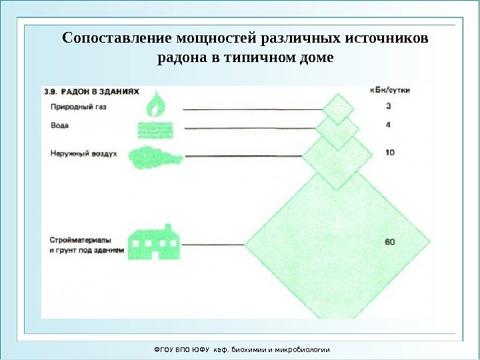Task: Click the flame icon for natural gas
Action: point(157,105)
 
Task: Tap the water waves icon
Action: point(157,129)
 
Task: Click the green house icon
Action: point(155,241)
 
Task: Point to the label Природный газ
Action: point(77,107)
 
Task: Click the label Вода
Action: point(59,125)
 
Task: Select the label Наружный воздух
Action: point(83,153)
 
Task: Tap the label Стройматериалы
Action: point(81,239)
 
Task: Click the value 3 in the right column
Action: point(389,106)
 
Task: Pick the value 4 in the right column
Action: point(389,125)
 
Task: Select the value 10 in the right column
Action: point(389,153)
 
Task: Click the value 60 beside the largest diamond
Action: point(390,241)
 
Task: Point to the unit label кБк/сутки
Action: point(390,90)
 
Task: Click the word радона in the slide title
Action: point(178,58)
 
